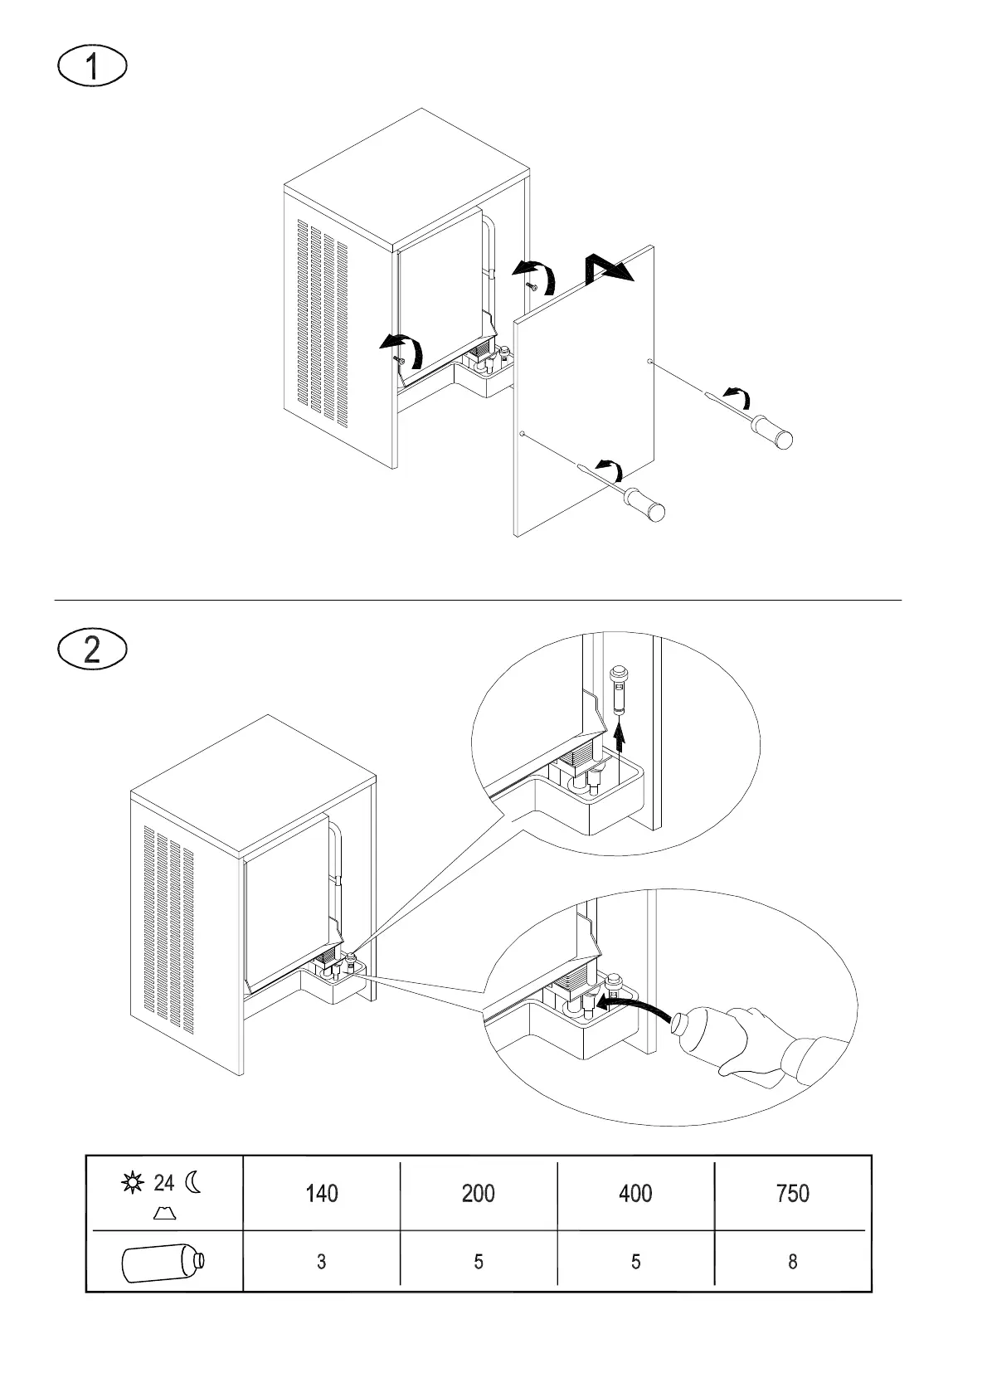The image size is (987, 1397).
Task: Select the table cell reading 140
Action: point(321,1193)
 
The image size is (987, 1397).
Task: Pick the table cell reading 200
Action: point(479,1193)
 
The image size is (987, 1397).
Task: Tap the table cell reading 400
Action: point(635,1193)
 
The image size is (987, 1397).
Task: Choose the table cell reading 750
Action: point(793,1193)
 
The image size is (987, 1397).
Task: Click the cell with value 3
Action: point(321,1262)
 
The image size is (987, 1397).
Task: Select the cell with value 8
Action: point(793,1262)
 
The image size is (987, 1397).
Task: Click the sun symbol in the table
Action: point(132,1182)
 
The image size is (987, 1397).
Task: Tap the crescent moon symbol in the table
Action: point(193,1181)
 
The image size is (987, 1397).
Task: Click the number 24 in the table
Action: point(163,1182)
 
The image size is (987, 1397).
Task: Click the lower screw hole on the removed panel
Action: point(522,434)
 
